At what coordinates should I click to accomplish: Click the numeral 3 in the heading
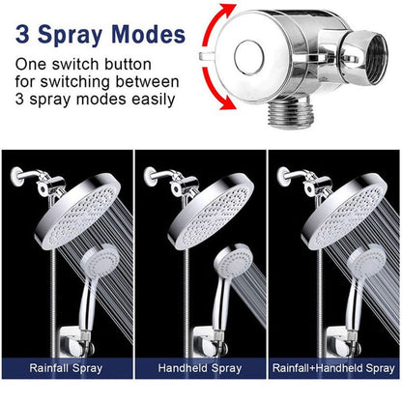[x=22, y=36]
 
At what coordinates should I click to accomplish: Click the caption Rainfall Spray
[x=68, y=368]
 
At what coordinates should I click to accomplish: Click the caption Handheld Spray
[x=200, y=368]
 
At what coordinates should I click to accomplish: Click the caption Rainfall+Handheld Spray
[x=333, y=368]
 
